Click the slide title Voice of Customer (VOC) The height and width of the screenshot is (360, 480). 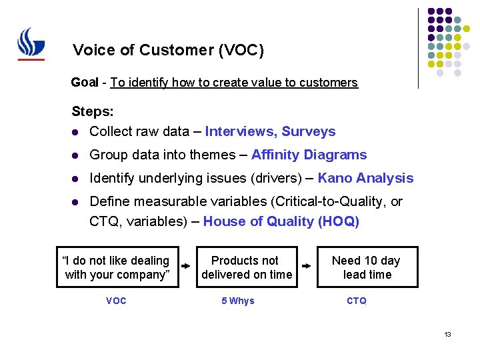point(168,50)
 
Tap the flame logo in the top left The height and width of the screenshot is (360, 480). point(31,44)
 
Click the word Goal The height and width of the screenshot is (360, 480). point(85,83)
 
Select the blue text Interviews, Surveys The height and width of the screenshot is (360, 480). point(270,131)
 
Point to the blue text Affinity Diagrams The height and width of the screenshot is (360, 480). point(309,155)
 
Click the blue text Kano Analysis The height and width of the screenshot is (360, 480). point(365,178)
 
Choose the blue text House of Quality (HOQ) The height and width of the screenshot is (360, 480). point(281,222)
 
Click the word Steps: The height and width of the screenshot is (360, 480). point(93,111)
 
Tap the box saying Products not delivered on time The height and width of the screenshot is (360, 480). point(247,267)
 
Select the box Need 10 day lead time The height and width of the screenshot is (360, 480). point(367,267)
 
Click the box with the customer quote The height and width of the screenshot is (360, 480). point(116,267)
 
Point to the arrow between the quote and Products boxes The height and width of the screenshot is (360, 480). point(187,265)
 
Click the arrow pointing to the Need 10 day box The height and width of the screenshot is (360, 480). point(307,265)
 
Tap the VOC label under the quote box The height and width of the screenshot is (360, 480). point(116,301)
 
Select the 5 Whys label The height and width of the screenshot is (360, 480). point(238,301)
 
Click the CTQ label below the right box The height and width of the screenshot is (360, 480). point(357,301)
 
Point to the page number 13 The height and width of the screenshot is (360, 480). point(447,334)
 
